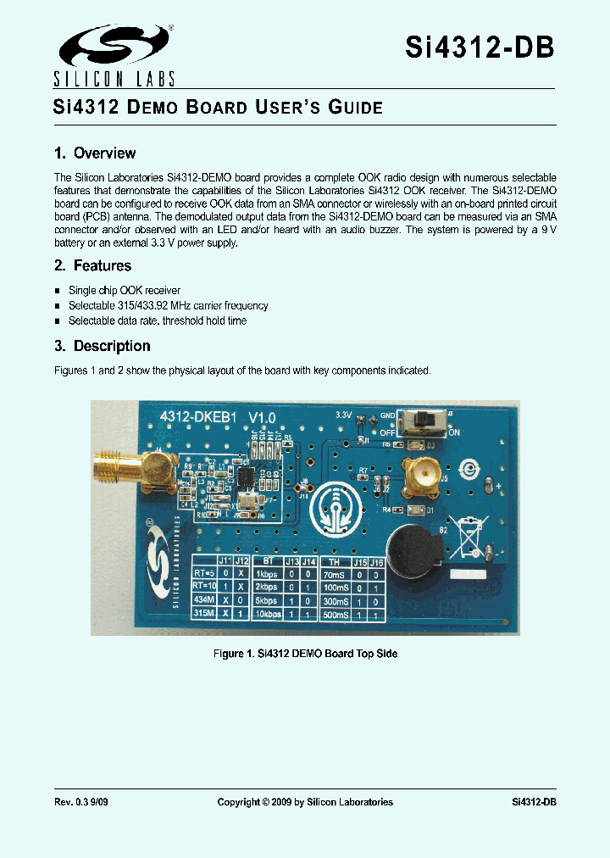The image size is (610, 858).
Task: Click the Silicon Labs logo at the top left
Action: (114, 56)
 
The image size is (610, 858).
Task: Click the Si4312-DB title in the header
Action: (480, 47)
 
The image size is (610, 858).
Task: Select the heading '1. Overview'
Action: (95, 153)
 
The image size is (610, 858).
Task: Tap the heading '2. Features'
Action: (92, 265)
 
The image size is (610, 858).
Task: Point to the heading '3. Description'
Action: (102, 346)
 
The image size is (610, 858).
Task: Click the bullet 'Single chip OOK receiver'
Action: (125, 291)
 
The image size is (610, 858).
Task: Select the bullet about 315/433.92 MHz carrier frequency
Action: (168, 306)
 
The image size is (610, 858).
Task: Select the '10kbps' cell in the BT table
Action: (267, 614)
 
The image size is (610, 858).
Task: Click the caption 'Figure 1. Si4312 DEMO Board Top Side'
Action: (304, 654)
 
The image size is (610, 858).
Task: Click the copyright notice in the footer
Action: (305, 802)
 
